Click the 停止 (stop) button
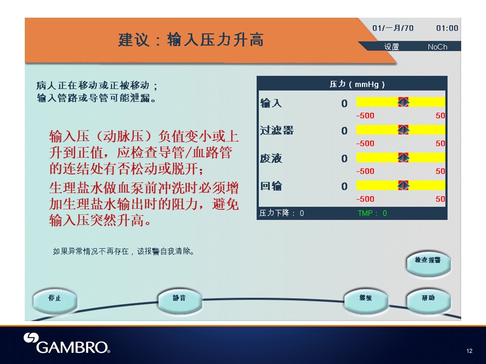point(55,300)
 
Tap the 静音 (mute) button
point(179,300)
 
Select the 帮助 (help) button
point(428,300)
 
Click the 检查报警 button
point(428,262)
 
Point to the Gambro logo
point(67,343)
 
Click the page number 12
point(469,351)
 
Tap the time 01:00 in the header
point(447,28)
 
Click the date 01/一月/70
point(393,28)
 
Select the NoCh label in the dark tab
point(437,47)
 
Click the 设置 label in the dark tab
point(391,47)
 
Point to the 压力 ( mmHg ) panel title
point(357,84)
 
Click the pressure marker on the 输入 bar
point(403,102)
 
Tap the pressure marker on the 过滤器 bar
point(403,130)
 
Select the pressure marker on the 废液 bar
point(403,158)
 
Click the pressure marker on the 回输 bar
point(403,186)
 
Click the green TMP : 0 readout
point(372,213)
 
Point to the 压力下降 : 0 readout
point(281,213)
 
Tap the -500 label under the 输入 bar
point(365,116)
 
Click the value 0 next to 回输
point(344,187)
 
